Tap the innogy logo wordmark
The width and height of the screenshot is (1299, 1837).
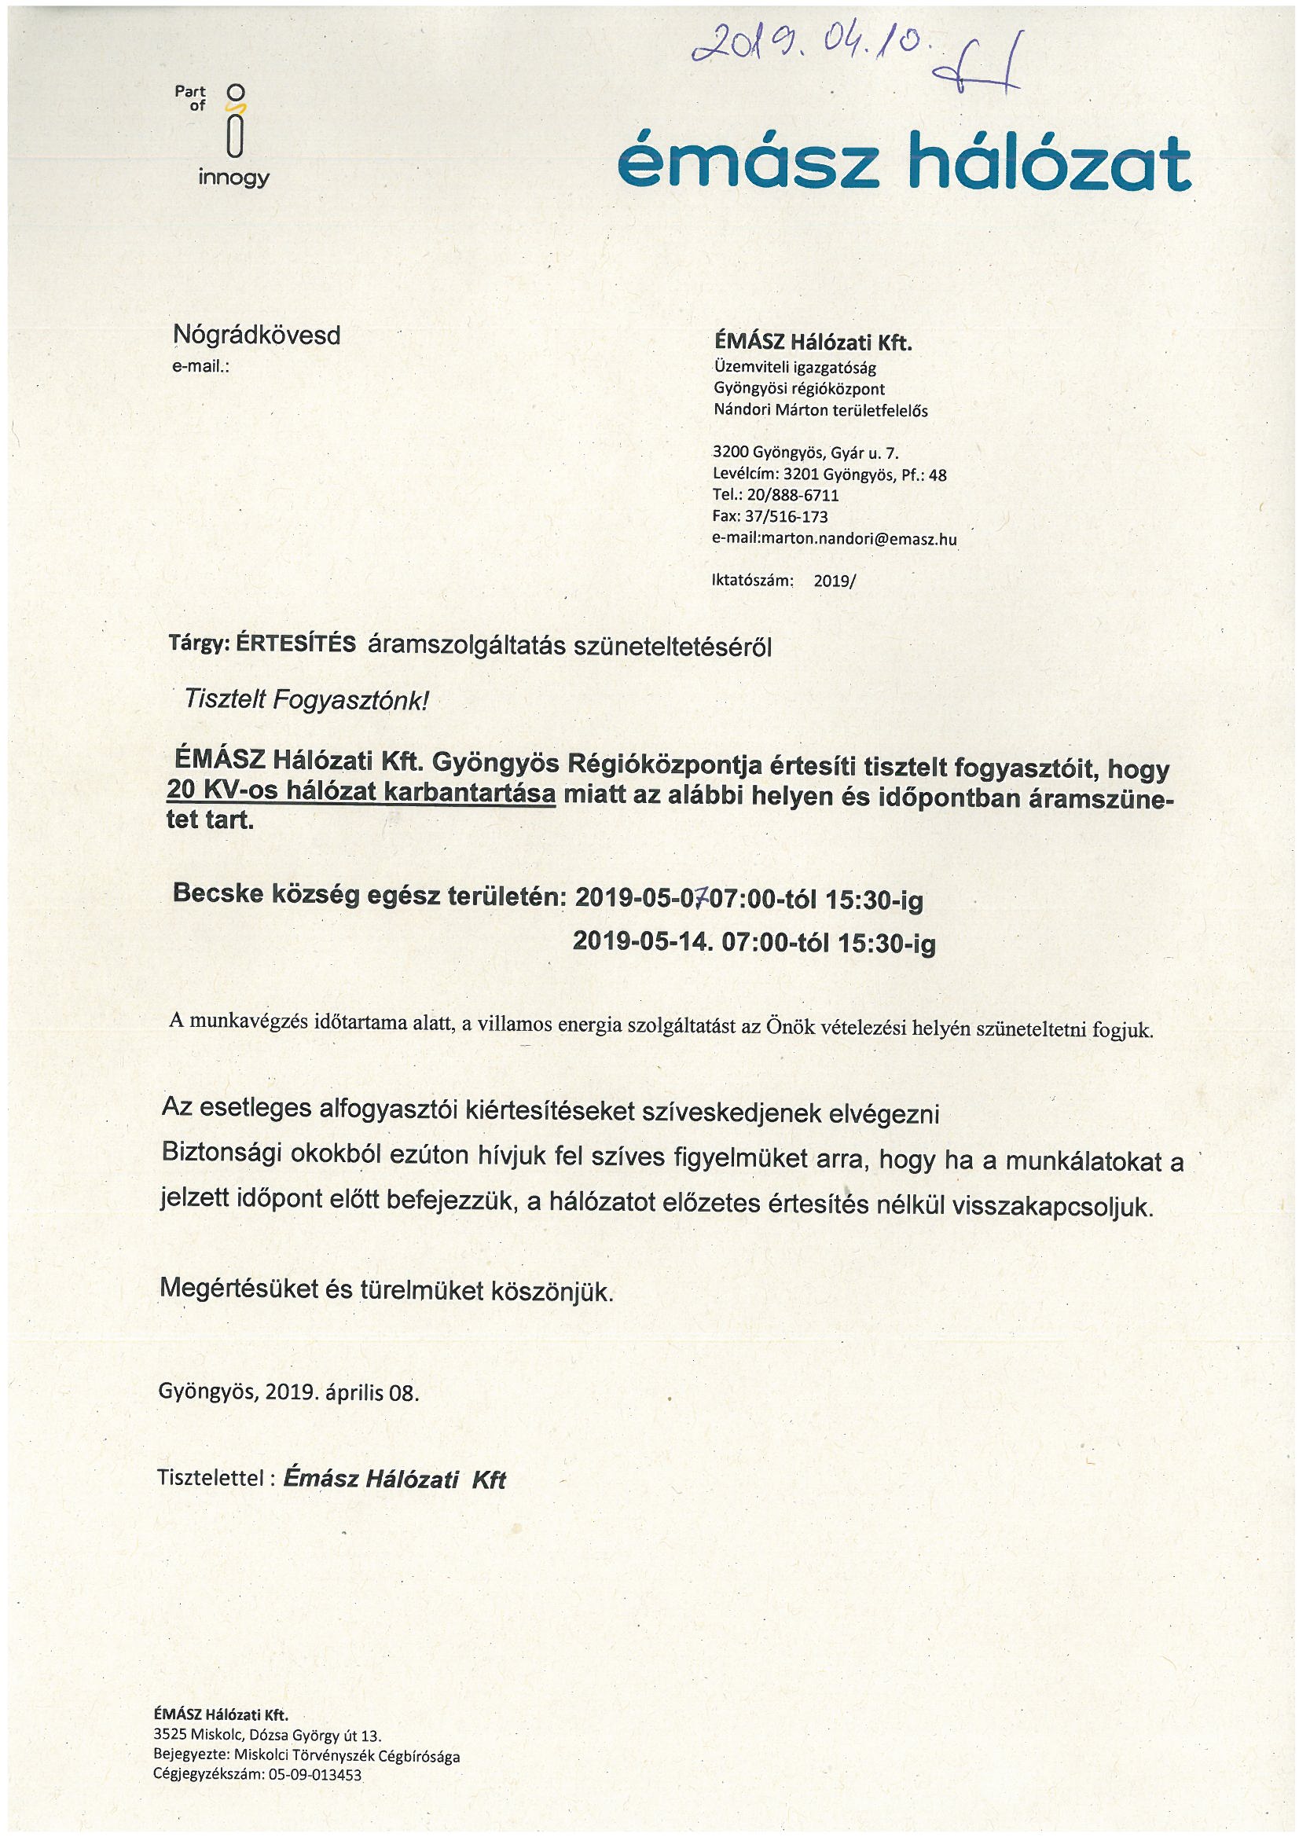tap(233, 177)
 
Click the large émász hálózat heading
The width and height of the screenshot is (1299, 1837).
tap(904, 163)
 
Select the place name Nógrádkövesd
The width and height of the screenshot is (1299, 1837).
tap(257, 335)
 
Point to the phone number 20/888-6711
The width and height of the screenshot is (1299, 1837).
tap(792, 495)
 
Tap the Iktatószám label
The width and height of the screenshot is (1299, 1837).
tap(751, 581)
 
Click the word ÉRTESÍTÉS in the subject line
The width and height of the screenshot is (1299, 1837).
tap(296, 645)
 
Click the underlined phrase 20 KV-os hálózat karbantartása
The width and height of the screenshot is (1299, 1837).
tap(361, 792)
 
